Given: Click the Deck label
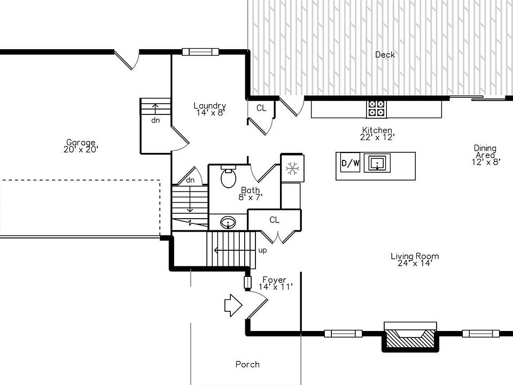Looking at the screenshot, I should click(x=385, y=55).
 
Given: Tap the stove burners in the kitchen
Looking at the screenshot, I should click(x=376, y=109).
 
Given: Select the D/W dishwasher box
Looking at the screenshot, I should click(x=350, y=164).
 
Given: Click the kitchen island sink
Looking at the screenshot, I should click(x=377, y=163).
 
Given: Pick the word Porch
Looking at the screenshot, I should click(x=247, y=365).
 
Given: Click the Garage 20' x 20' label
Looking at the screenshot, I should click(x=81, y=146).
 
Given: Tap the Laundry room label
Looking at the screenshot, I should click(x=209, y=109).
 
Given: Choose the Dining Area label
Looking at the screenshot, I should click(x=485, y=155).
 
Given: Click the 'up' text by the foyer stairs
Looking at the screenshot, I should click(x=263, y=250).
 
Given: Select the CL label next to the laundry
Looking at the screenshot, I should click(x=261, y=108).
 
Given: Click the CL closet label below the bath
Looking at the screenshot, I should click(x=274, y=220).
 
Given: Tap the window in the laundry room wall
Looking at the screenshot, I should click(x=201, y=52).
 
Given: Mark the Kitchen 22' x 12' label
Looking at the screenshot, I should click(x=377, y=134).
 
